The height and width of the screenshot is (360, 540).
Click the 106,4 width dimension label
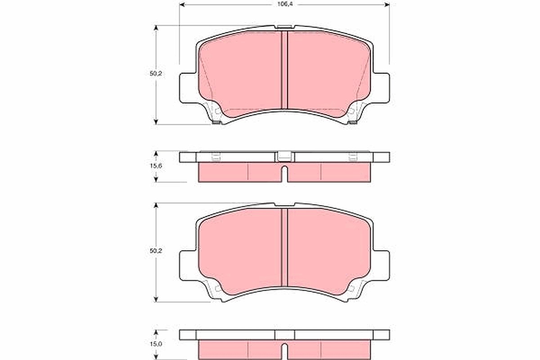click(285, 4)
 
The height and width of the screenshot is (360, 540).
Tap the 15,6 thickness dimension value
click(156, 166)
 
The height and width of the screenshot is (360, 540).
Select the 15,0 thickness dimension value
click(156, 344)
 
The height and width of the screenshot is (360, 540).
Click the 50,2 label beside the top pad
click(156, 74)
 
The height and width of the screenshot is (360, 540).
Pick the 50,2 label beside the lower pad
click(156, 251)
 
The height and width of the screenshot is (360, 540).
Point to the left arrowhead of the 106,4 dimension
click(182, 4)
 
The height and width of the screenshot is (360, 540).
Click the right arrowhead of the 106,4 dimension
click(387, 4)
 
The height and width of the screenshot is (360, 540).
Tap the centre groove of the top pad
click(284, 70)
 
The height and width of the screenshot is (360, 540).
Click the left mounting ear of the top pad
click(188, 88)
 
